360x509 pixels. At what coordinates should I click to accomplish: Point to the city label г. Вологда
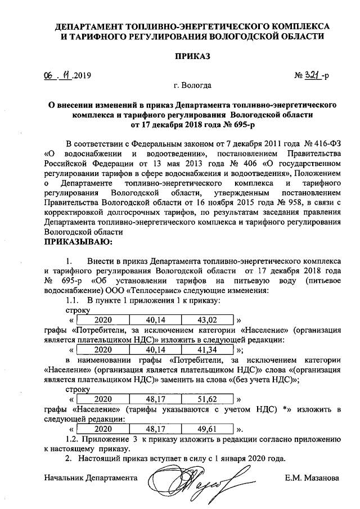click(x=193, y=85)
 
